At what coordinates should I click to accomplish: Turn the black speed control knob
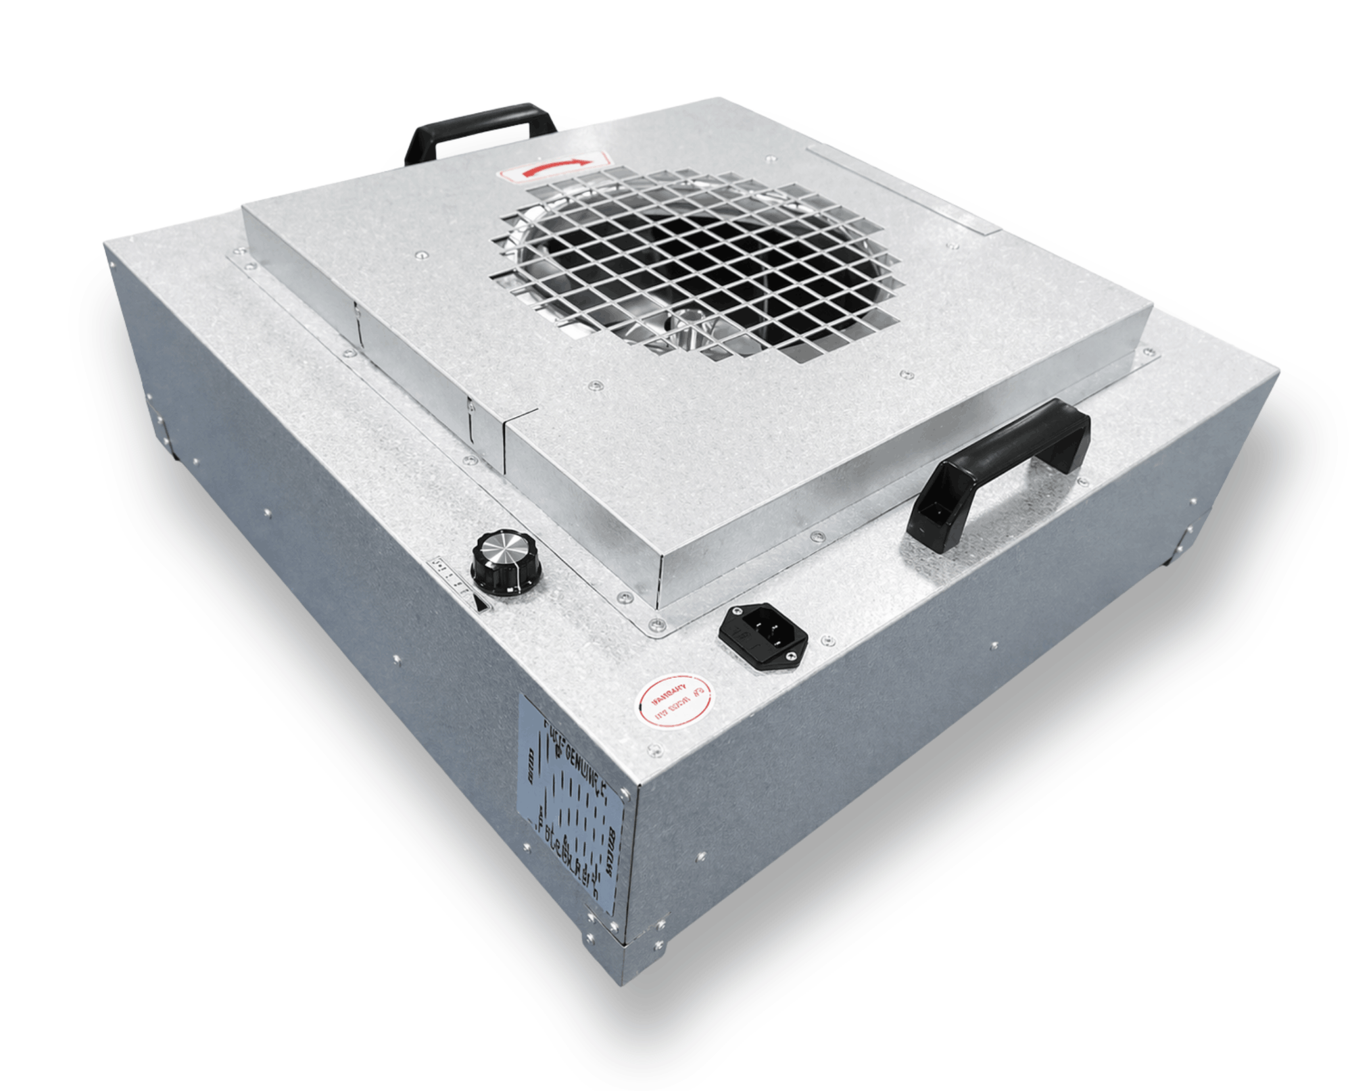coord(506,562)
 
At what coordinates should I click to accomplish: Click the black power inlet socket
coord(762,636)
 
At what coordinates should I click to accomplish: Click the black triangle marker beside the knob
coord(481,604)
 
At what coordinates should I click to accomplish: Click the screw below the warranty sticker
coord(654,750)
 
